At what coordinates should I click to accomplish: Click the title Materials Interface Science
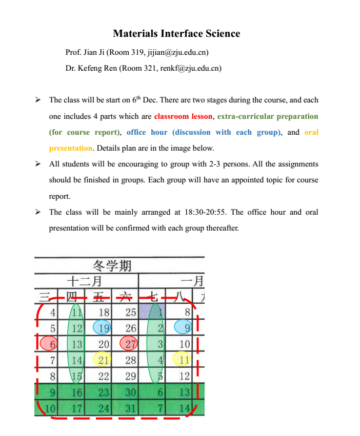tap(176, 34)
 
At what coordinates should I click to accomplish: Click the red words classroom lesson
tap(183, 116)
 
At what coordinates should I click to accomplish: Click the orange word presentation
tap(71, 148)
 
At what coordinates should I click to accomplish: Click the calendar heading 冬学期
tap(112, 265)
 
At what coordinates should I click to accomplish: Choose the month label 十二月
tap(84, 281)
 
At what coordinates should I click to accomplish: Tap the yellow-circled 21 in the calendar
tap(104, 360)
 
